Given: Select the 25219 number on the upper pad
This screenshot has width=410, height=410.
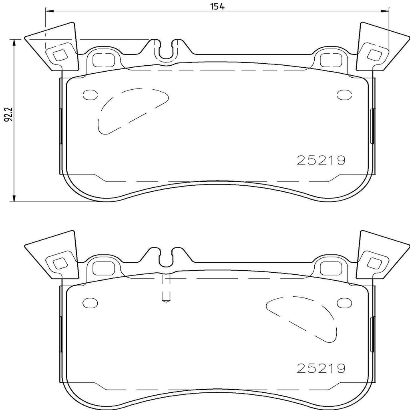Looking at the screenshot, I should (x=320, y=161).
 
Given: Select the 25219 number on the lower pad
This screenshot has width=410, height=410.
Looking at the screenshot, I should (x=320, y=368).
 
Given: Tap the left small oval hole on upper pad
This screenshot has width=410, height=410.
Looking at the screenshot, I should (x=89, y=94).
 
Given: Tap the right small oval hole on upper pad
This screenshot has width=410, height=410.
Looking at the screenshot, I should (x=344, y=94).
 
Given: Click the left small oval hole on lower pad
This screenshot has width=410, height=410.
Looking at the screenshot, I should (x=89, y=302).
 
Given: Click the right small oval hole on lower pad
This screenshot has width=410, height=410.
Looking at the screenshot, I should (x=344, y=302).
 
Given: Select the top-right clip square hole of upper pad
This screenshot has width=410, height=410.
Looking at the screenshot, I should (x=374, y=55).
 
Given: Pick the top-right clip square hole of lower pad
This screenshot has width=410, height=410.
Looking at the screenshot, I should (x=374, y=263).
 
